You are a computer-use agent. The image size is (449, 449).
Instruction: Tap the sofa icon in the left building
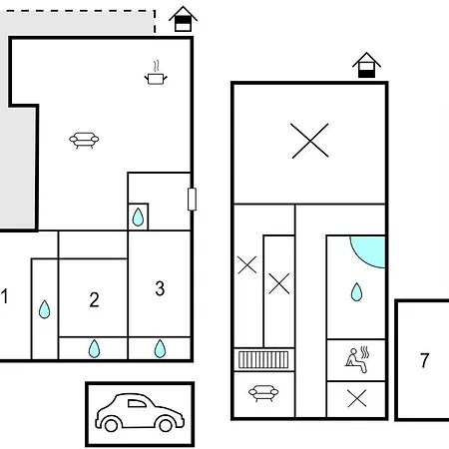pos(84,140)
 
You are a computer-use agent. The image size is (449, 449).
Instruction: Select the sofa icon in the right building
pos(263,393)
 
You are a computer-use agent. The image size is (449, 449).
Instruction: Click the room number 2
pos(94,299)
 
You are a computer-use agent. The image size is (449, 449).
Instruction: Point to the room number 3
pos(160,288)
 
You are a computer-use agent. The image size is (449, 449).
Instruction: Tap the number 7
pos(424,360)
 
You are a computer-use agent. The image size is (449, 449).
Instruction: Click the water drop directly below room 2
pos(94,348)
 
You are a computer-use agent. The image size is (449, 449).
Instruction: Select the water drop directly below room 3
pos(160,348)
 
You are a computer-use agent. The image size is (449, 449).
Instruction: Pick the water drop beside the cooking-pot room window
pos(138,217)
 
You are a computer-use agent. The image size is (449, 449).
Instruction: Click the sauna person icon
pos(357,359)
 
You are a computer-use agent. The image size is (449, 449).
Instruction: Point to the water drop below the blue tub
pos(356,292)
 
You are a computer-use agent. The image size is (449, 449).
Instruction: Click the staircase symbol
pos(263,360)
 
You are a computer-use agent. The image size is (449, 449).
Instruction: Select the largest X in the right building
pos(309,141)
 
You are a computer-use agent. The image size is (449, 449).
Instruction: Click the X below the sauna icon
pos(357,398)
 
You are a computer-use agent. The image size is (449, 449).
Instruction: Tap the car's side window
pos(137,403)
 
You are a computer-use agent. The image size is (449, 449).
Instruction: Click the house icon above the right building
pos(366,65)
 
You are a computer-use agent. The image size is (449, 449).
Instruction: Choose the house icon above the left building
pos(183,19)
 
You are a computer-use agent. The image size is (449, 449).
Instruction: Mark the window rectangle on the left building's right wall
pos(192,200)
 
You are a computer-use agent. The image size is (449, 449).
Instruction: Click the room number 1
pos(4,296)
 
